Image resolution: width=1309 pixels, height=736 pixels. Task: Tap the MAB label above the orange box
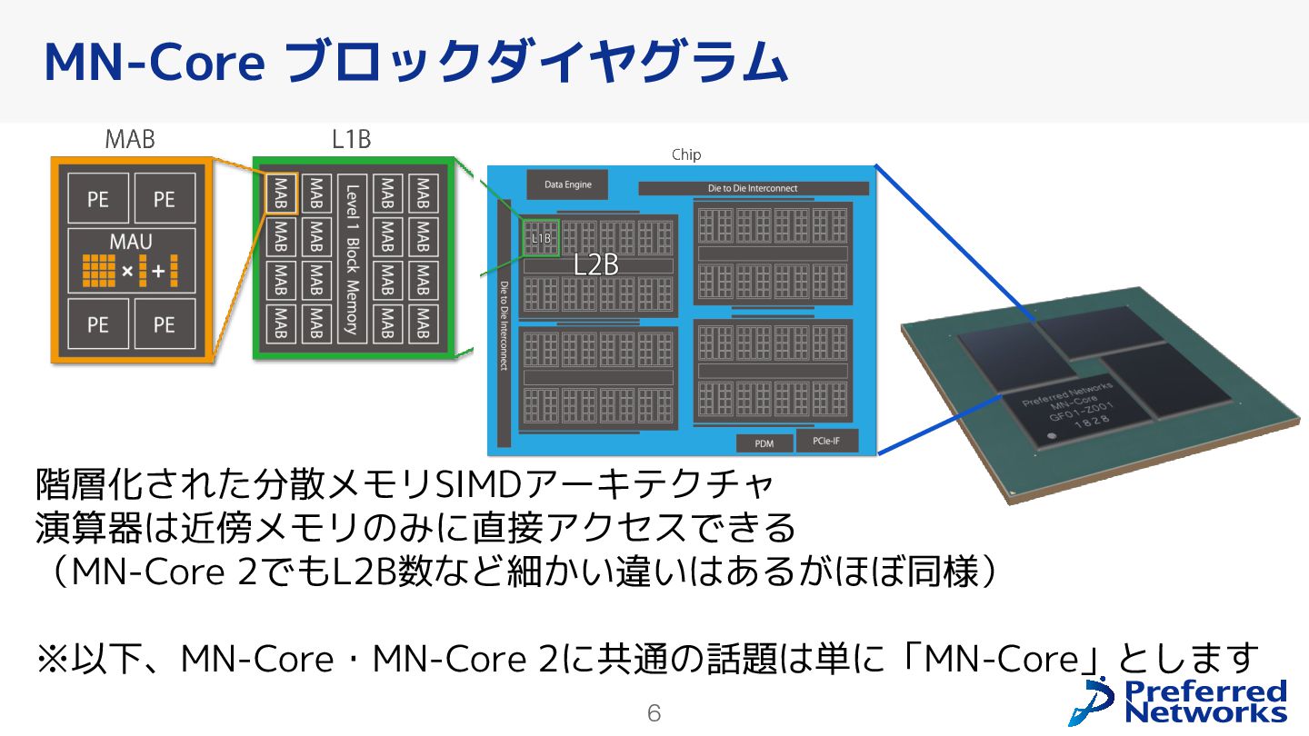click(x=130, y=139)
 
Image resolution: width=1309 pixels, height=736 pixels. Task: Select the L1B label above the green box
click(x=351, y=139)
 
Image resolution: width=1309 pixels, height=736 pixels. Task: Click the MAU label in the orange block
click(x=131, y=243)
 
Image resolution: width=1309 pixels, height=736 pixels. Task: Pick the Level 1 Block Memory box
click(x=352, y=259)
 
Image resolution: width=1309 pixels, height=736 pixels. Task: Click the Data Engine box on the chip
click(x=567, y=184)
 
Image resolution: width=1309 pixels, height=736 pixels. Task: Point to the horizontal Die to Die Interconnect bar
click(x=753, y=188)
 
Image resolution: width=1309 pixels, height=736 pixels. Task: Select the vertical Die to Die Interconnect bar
click(x=504, y=324)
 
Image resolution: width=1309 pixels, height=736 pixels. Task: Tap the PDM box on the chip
click(x=764, y=443)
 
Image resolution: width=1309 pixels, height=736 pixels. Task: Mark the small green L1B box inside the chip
click(x=541, y=238)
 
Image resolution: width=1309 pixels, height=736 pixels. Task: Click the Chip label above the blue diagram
click(x=686, y=154)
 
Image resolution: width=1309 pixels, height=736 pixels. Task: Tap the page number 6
click(x=654, y=713)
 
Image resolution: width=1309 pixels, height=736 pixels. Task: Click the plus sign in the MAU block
click(x=157, y=271)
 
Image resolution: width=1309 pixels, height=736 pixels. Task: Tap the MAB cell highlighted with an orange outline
click(x=280, y=194)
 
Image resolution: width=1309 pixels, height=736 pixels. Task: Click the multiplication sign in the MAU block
click(x=127, y=271)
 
